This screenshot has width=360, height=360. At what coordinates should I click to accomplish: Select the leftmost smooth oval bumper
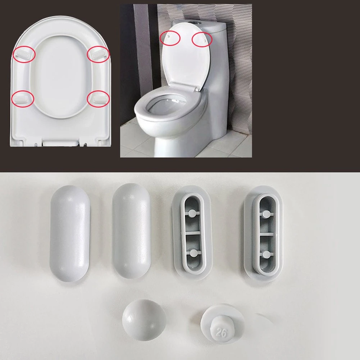tap(69, 233)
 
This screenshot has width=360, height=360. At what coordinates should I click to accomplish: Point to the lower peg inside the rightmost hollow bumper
tap(266, 254)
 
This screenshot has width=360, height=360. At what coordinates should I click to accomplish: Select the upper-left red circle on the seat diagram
tap(24, 54)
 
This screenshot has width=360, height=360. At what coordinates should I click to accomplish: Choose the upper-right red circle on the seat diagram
tap(98, 54)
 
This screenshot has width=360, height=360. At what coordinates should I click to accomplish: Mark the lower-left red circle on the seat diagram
tap(23, 98)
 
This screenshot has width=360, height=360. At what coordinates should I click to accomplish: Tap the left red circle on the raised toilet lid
tap(170, 37)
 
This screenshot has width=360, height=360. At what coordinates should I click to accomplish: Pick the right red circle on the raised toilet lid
tap(202, 40)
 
